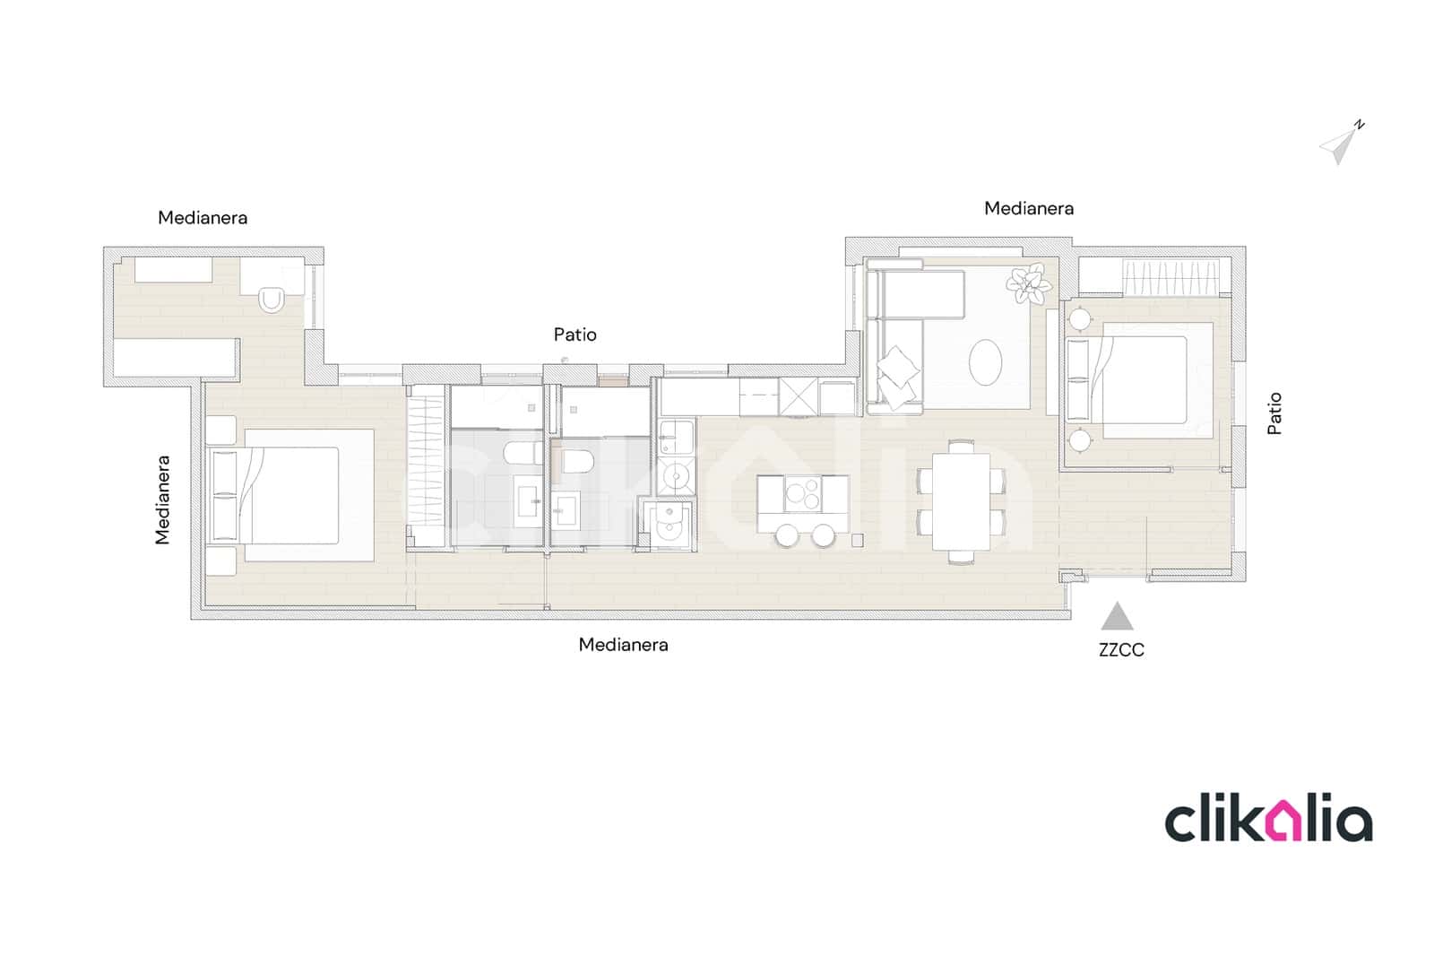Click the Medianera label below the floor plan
tap(623, 645)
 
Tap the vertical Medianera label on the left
tap(162, 500)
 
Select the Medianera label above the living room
tap(1029, 208)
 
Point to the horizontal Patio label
tap(574, 335)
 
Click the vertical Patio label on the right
tap(1274, 413)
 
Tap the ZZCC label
tap(1121, 649)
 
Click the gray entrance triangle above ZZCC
tap(1117, 616)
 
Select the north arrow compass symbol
tap(1340, 143)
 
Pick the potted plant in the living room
tap(1028, 284)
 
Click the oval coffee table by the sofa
tap(985, 362)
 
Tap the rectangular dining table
tap(961, 501)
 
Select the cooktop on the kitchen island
tap(803, 494)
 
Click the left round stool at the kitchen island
tap(787, 535)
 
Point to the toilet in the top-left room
tap(272, 300)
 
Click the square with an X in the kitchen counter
tap(799, 396)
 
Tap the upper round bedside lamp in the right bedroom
tap(1080, 318)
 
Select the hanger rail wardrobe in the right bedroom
tap(1171, 277)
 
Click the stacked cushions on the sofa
tap(897, 378)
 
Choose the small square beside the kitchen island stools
tap(857, 540)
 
